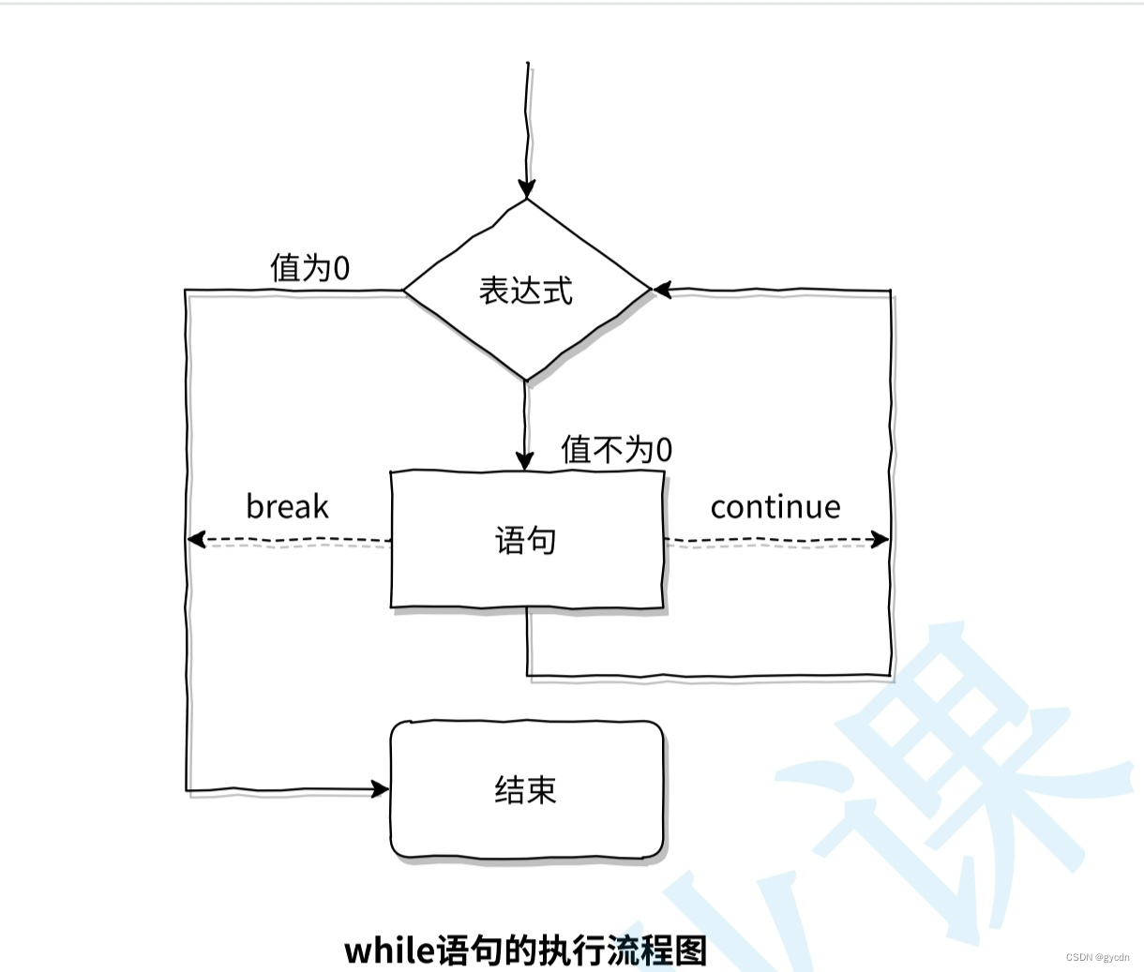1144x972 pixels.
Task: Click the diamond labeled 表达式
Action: click(x=526, y=290)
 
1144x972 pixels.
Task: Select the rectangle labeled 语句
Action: click(x=526, y=540)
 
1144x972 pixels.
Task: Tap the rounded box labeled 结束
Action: click(x=526, y=789)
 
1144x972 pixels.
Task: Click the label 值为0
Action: click(x=309, y=268)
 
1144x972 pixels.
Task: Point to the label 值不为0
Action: click(x=616, y=450)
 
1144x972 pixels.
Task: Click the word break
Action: click(x=287, y=507)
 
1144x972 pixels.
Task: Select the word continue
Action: click(x=775, y=507)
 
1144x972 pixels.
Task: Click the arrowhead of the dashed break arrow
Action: click(x=195, y=540)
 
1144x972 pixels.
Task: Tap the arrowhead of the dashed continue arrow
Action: click(x=881, y=539)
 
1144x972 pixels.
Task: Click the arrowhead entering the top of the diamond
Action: click(x=526, y=188)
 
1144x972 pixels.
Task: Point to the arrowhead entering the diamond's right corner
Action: click(x=662, y=291)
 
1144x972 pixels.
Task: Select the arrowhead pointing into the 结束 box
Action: click(x=381, y=789)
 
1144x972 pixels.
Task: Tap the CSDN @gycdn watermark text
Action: click(x=1097, y=958)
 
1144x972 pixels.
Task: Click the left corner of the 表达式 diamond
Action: click(x=405, y=291)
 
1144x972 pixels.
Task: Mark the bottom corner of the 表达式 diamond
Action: click(x=526, y=380)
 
